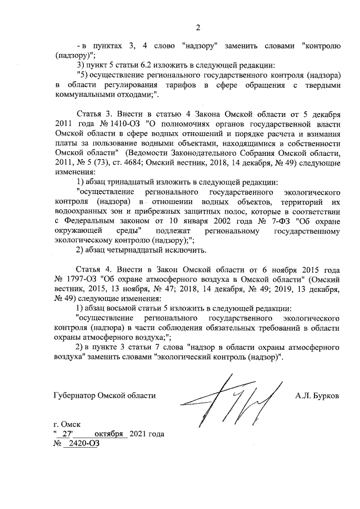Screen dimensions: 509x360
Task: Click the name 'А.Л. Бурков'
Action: [317, 396]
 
